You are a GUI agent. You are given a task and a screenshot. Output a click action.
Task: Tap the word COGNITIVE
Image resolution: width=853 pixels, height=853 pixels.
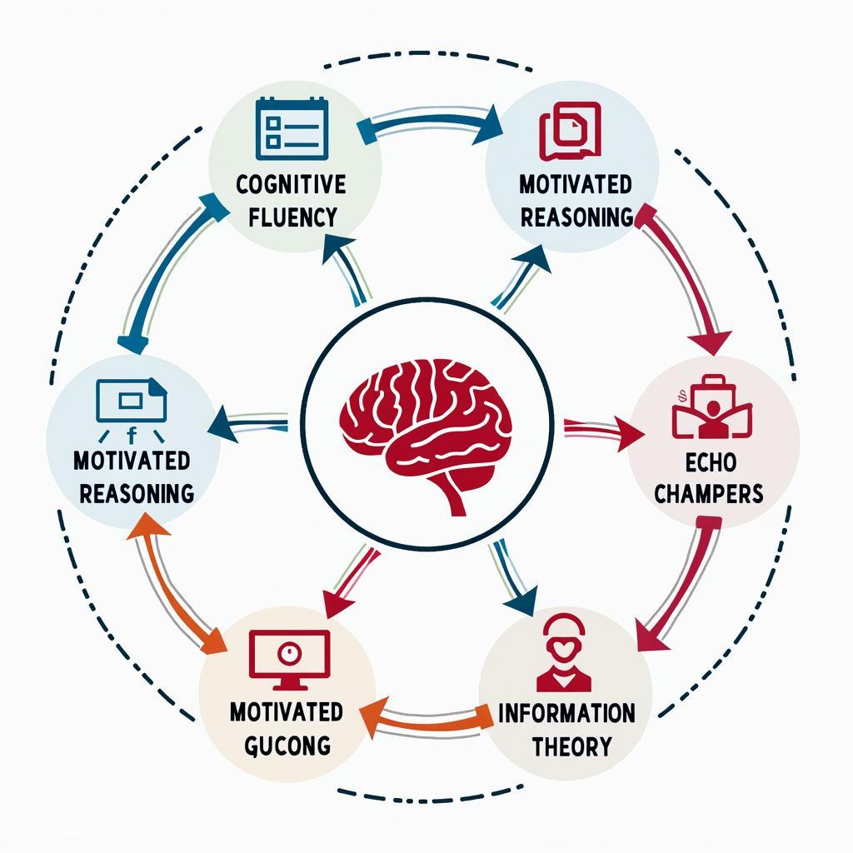[x=290, y=184]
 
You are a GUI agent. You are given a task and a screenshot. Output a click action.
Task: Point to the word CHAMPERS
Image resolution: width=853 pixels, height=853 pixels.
[x=708, y=493]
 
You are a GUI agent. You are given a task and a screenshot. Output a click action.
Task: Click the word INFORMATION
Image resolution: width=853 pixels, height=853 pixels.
[x=566, y=713]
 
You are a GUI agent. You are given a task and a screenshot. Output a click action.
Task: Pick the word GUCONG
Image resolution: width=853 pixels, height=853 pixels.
[x=287, y=743]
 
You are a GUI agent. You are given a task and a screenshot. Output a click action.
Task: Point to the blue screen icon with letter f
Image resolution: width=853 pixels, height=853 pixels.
[x=132, y=402]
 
